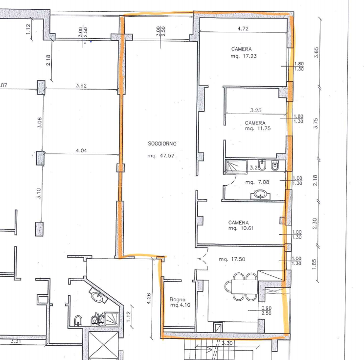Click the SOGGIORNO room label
162,144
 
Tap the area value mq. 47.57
161,156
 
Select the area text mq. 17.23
244,56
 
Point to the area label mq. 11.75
258,128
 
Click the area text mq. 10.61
241,228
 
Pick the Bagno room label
178,299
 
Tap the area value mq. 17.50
232,259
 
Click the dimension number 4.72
243,28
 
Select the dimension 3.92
81,86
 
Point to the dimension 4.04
82,150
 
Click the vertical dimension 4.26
149,298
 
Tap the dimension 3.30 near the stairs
227,343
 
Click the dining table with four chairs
241,287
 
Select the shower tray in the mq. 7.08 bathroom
236,167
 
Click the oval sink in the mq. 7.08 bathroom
260,194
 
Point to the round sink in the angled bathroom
97,296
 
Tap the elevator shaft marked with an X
104,346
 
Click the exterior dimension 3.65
316,52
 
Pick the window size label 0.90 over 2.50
266,311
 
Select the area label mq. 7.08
257,182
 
